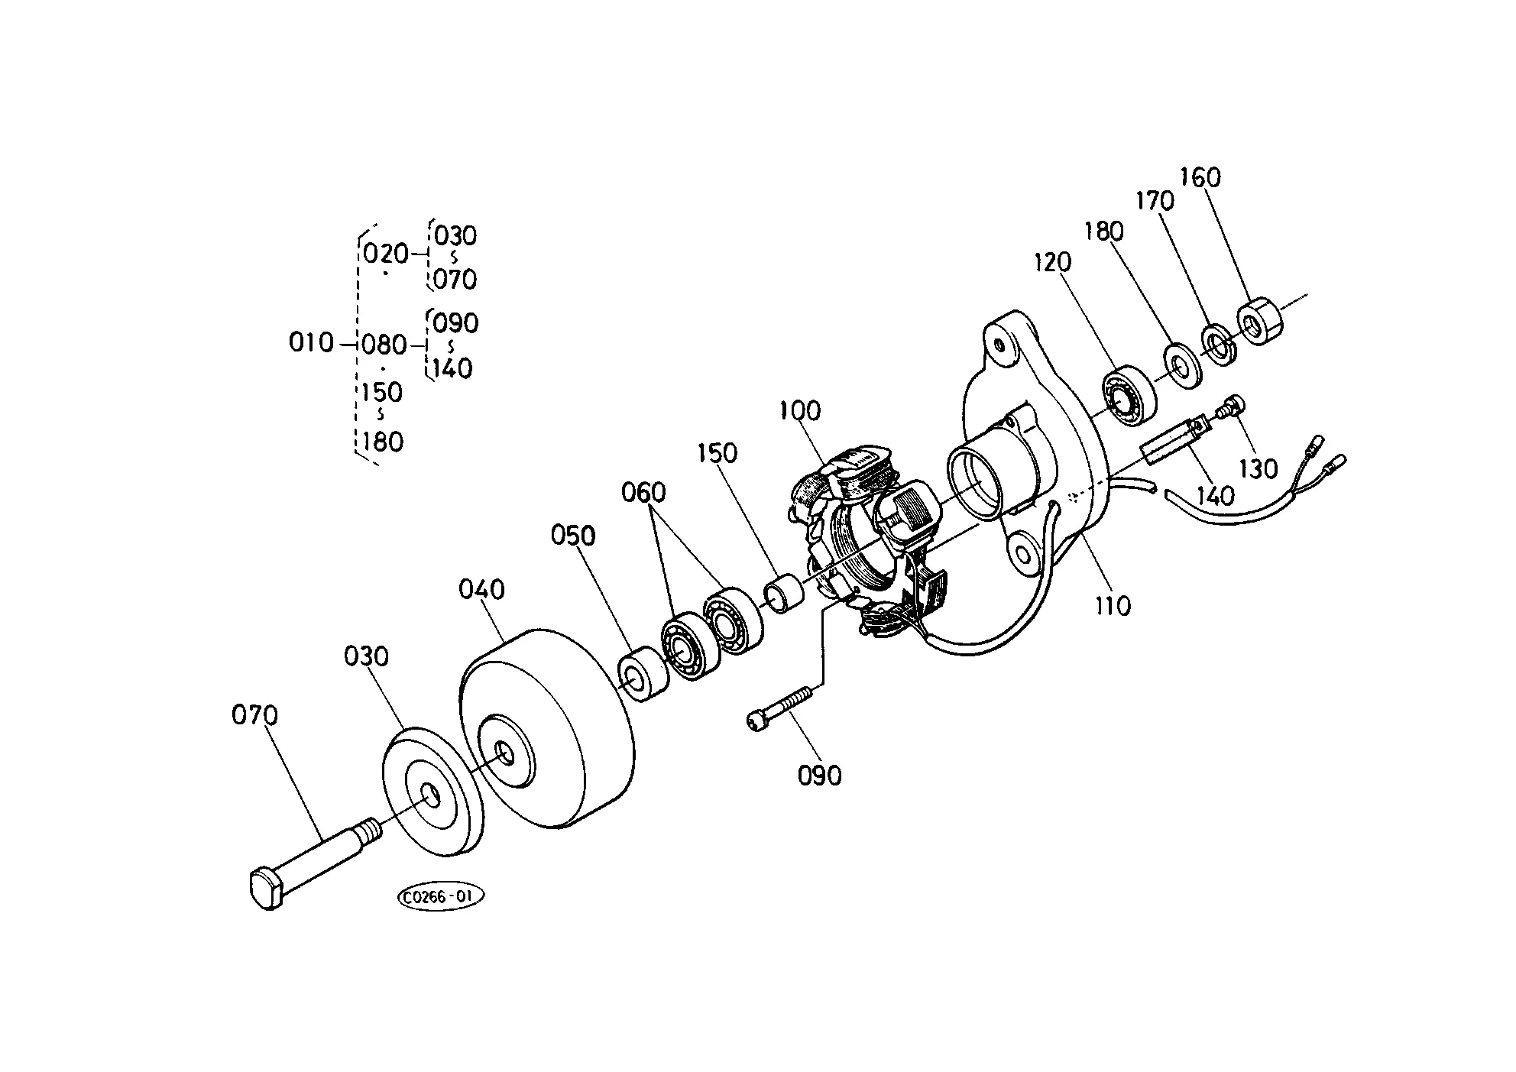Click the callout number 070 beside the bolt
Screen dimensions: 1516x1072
click(x=254, y=716)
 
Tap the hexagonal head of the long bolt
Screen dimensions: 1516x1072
click(x=267, y=887)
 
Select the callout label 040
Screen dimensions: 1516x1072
click(x=481, y=590)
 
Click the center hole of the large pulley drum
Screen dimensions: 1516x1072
click(x=504, y=752)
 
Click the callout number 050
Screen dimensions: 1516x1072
click(x=573, y=536)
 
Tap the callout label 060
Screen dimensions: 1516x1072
click(x=643, y=492)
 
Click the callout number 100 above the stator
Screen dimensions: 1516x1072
click(x=800, y=410)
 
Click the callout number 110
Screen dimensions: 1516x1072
click(x=1112, y=606)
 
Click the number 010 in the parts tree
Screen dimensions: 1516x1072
click(x=311, y=342)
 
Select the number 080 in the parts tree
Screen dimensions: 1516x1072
click(x=384, y=345)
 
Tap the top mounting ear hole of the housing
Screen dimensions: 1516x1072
click(x=997, y=343)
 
